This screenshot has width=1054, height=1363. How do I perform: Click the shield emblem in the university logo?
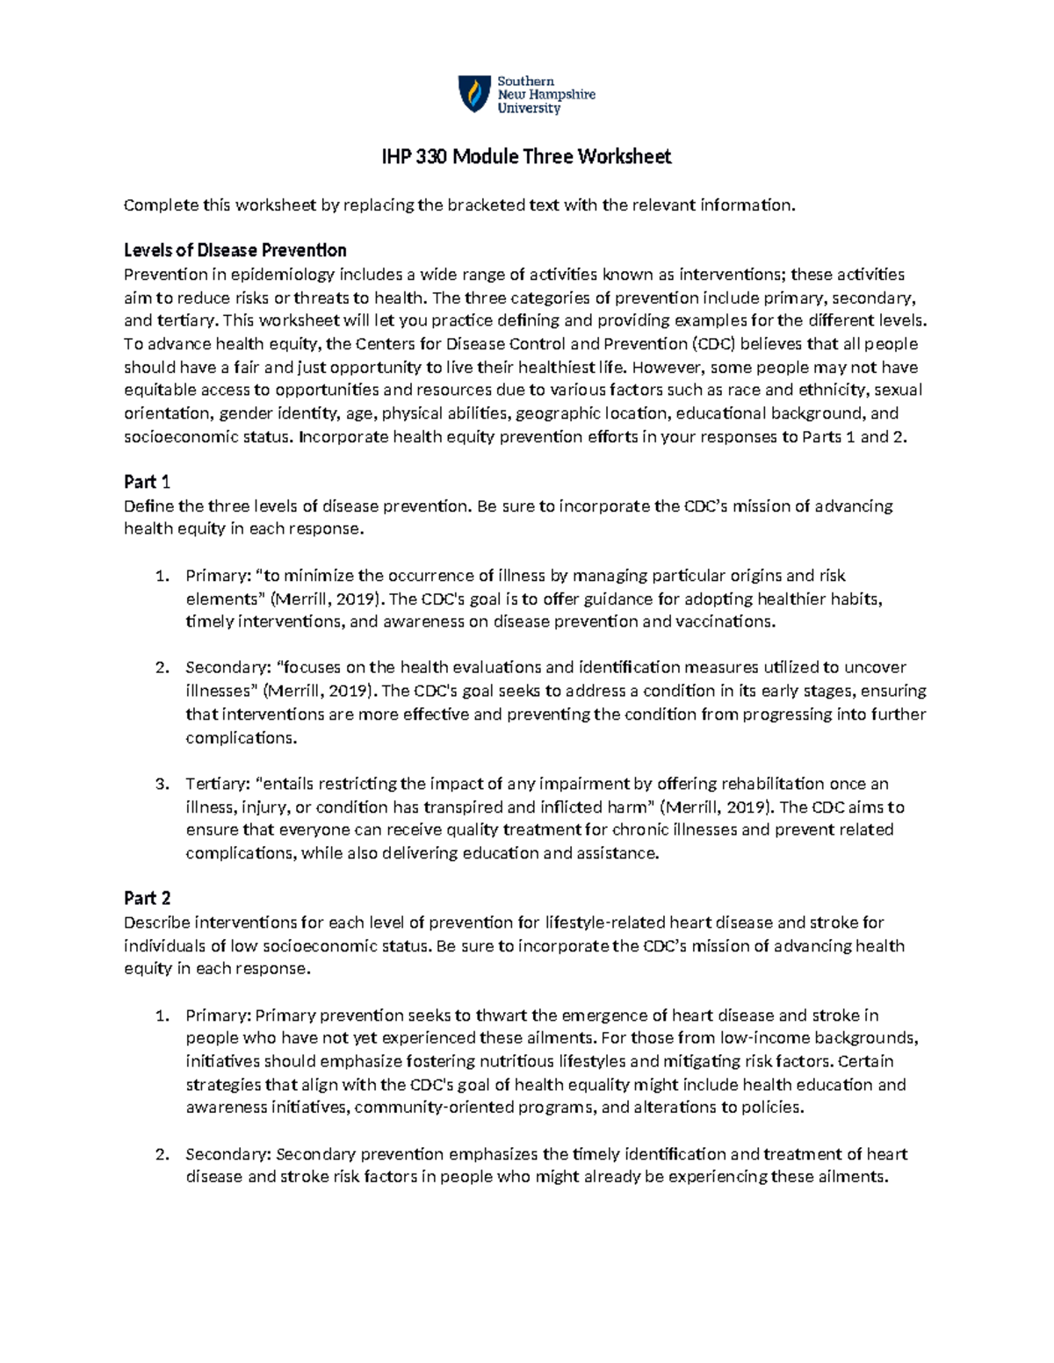tap(474, 94)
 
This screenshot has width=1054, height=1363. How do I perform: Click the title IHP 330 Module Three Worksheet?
tap(526, 157)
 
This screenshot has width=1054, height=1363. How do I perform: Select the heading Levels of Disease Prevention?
tap(235, 250)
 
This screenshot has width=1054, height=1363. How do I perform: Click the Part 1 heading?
tap(147, 482)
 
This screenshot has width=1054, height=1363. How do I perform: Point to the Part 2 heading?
tap(147, 898)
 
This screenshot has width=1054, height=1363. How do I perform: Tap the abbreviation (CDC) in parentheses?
tap(712, 344)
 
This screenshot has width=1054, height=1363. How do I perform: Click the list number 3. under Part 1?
tap(161, 784)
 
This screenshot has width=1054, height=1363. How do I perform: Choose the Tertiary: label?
tap(217, 784)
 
